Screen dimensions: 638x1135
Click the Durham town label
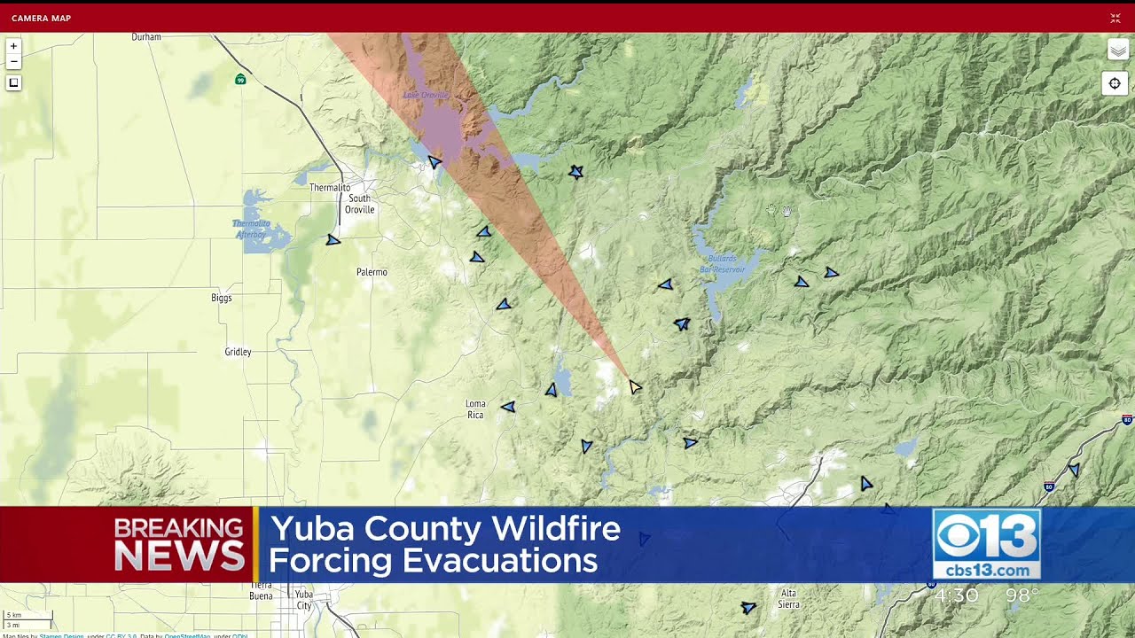tap(146, 37)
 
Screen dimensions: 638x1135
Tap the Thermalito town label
tap(330, 188)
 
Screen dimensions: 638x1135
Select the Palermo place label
tap(372, 272)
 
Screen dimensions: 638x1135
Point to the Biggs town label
tap(222, 298)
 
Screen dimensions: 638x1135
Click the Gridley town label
tap(238, 352)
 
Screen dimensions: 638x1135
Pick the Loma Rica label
tap(476, 409)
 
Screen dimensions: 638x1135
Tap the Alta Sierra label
tap(788, 599)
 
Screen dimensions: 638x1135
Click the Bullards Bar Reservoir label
tap(723, 263)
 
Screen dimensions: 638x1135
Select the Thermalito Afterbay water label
tap(251, 229)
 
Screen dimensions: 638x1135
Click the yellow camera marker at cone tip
tap(635, 386)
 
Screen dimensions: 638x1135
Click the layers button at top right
tap(1117, 51)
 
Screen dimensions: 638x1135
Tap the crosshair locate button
tap(1115, 83)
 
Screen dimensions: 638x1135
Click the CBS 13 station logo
tap(986, 544)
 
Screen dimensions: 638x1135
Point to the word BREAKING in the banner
tap(178, 528)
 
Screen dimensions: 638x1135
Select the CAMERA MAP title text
tap(42, 18)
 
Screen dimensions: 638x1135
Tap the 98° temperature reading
tap(1021, 595)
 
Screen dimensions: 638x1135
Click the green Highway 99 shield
tap(240, 80)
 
